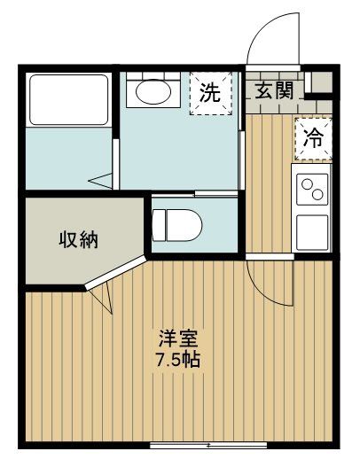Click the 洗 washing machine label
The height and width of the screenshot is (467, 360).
[x=208, y=92]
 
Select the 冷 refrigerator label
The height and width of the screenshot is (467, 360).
[x=313, y=138]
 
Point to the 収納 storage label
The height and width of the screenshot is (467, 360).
[x=78, y=238]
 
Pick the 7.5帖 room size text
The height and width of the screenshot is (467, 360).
[x=178, y=361]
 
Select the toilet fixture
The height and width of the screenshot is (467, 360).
[x=171, y=223]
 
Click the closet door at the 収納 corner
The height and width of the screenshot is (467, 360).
[x=99, y=293]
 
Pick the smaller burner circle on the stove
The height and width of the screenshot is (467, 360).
[x=307, y=185]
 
